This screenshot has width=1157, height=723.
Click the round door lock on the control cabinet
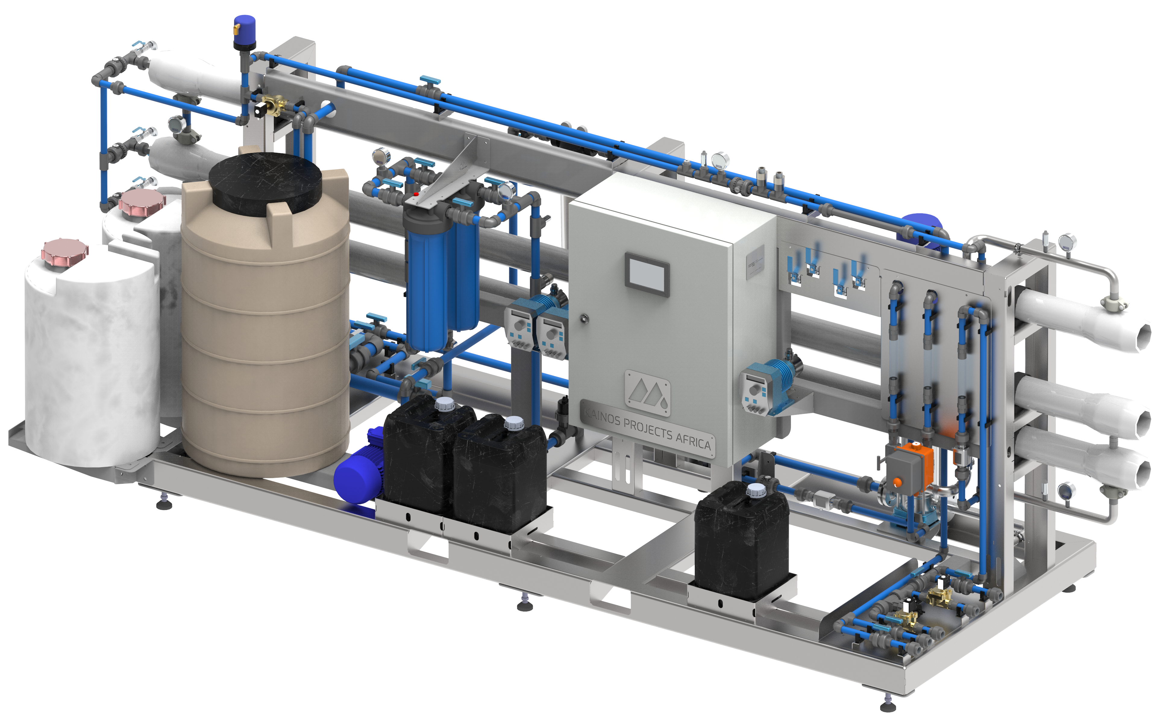pos(584,318)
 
